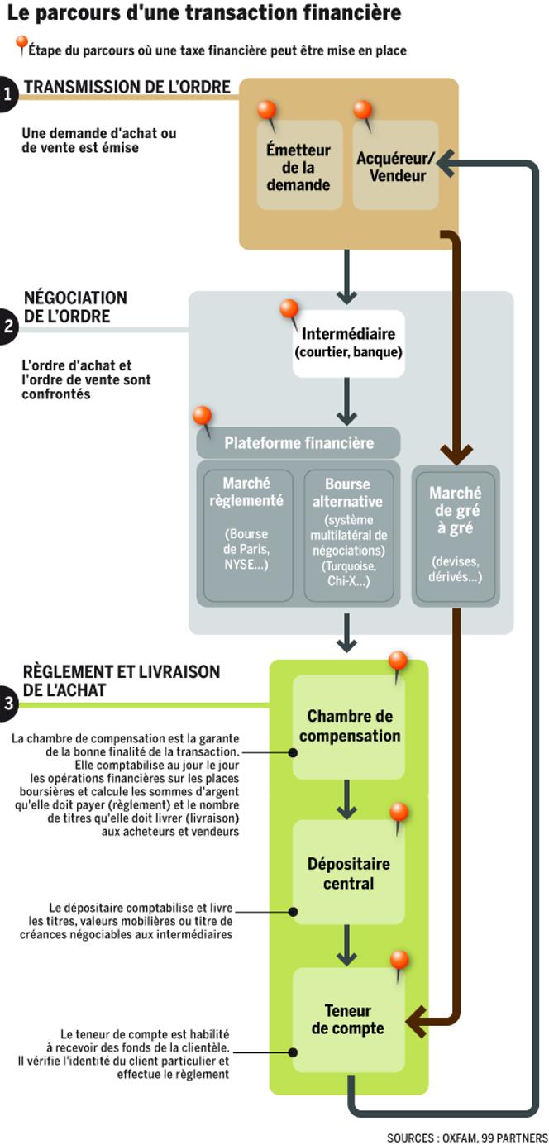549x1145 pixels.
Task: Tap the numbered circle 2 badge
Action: (x=7, y=325)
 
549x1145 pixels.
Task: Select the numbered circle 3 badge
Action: (x=7, y=704)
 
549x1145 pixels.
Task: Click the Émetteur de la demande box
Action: (x=298, y=165)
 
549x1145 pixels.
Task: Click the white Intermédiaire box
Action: (x=348, y=343)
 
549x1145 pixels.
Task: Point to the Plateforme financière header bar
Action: (x=298, y=443)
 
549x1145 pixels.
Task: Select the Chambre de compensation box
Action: (x=348, y=726)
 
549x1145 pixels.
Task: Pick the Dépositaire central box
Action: (x=348, y=873)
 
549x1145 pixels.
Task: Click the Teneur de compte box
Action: (x=348, y=1020)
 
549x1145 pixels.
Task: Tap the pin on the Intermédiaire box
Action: (x=289, y=311)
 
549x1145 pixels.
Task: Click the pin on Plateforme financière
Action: (x=201, y=417)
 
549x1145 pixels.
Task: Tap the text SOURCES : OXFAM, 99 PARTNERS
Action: (x=466, y=1137)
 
